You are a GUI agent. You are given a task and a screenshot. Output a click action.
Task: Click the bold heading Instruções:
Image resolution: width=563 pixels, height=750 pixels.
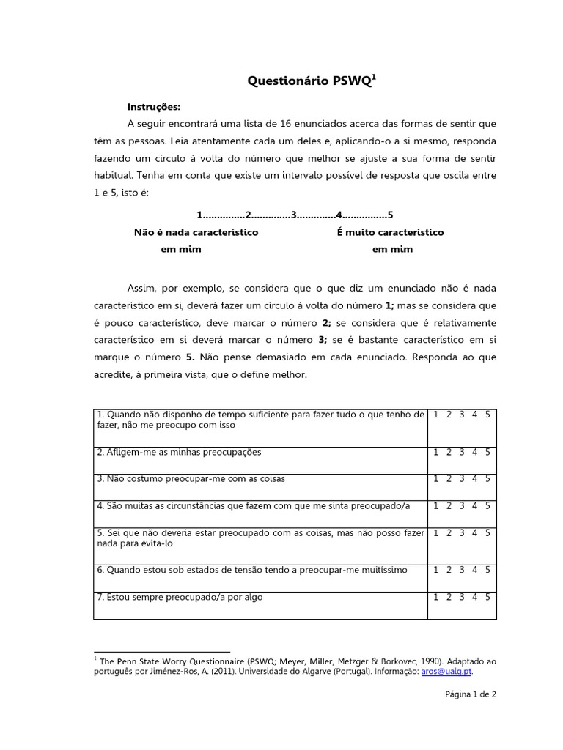(x=154, y=106)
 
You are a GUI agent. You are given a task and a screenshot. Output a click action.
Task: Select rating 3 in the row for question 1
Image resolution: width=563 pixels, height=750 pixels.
(x=461, y=415)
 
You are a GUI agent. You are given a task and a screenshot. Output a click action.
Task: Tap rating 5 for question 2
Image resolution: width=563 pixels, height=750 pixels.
(x=487, y=452)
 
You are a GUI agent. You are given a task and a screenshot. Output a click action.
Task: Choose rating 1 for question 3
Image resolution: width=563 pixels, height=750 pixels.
(x=435, y=478)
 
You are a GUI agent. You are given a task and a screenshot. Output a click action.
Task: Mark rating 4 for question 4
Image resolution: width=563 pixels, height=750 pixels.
(x=474, y=505)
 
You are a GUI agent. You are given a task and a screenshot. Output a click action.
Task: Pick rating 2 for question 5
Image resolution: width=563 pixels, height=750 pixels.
(x=449, y=533)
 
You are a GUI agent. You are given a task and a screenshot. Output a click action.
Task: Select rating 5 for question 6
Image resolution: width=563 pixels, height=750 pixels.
(x=487, y=570)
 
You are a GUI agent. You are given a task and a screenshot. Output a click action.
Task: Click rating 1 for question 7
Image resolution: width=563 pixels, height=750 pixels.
(x=435, y=597)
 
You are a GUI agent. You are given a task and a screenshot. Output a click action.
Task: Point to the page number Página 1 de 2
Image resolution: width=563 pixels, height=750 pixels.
(x=471, y=695)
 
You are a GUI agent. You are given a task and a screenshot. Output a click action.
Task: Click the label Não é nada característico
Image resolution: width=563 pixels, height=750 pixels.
(x=196, y=232)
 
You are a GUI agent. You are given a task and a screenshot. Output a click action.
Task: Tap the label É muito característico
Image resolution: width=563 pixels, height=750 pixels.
(x=390, y=232)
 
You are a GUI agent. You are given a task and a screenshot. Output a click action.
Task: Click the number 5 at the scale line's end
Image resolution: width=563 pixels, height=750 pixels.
(x=391, y=215)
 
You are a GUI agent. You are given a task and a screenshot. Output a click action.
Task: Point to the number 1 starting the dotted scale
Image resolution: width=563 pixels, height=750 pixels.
(x=199, y=215)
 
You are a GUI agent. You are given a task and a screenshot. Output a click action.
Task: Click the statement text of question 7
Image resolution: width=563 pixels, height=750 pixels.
(x=180, y=597)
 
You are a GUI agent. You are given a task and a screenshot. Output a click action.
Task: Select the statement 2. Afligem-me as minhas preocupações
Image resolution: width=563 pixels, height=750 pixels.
(x=179, y=452)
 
